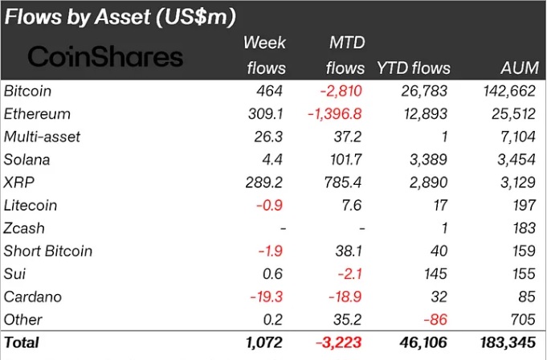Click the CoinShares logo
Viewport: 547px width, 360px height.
105,56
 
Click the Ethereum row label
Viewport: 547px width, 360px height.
37,114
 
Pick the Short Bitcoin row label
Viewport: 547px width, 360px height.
48,251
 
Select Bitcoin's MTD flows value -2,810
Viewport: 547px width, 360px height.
341,91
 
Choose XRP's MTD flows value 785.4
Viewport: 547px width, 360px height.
345,182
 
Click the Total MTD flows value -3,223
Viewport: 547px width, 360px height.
341,343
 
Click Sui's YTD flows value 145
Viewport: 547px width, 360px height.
439,273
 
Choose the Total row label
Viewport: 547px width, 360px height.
22,343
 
